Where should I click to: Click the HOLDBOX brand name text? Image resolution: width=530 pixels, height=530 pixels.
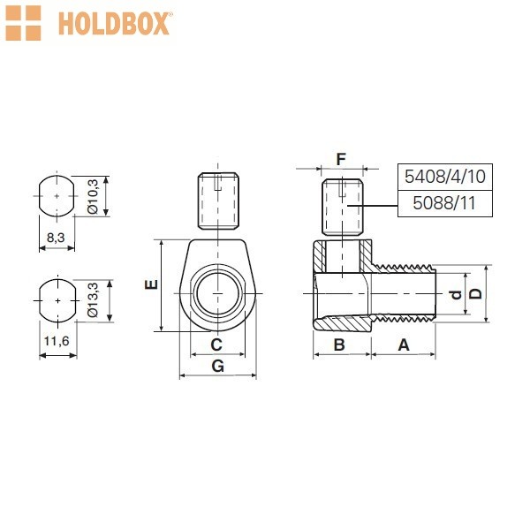pyautogui.click(x=114, y=23)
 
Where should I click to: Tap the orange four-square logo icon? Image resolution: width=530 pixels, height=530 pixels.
pyautogui.click(x=23, y=23)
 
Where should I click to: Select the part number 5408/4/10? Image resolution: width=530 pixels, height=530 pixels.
pyautogui.click(x=445, y=177)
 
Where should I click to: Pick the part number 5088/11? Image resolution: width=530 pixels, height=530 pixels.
pyautogui.click(x=444, y=203)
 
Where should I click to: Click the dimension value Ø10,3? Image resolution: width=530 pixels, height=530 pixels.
pyautogui.click(x=93, y=196)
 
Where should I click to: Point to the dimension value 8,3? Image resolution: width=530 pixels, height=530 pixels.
pyautogui.click(x=56, y=238)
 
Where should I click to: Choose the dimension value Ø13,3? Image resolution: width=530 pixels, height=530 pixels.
pyautogui.click(x=93, y=299)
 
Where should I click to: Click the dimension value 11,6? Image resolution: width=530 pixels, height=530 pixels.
pyautogui.click(x=57, y=341)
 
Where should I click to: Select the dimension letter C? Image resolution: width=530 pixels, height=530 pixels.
pyautogui.click(x=216, y=344)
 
